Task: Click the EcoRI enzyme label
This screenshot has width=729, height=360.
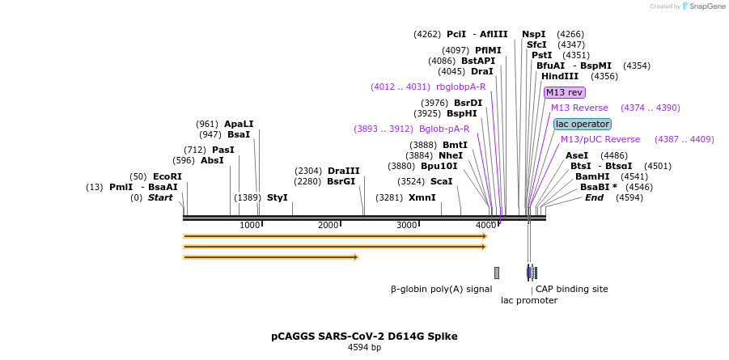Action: [167, 176]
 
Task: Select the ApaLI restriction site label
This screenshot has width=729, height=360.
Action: [239, 124]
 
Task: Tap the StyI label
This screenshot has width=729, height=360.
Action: [277, 197]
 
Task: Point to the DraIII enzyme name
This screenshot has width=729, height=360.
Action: [343, 171]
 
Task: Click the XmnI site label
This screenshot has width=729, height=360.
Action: [422, 197]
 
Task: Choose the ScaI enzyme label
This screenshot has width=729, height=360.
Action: [441, 181]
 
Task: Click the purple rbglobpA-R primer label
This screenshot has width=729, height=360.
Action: [460, 87]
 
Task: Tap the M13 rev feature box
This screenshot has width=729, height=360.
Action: [564, 92]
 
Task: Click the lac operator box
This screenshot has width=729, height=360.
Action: [582, 124]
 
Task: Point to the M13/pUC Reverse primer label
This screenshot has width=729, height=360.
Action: [600, 139]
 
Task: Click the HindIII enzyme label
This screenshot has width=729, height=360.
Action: [560, 76]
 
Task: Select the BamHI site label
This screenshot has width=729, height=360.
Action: [591, 176]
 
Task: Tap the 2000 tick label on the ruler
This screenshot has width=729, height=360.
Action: [328, 225]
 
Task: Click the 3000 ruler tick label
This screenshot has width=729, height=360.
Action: [406, 225]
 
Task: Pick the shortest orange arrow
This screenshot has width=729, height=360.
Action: [270, 257]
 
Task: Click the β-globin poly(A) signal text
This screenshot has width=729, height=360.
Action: [441, 289]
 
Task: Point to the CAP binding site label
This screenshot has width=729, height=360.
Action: [571, 289]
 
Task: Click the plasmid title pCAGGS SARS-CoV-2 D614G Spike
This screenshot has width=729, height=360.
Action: [364, 336]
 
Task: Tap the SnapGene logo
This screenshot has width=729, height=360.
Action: [702, 6]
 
